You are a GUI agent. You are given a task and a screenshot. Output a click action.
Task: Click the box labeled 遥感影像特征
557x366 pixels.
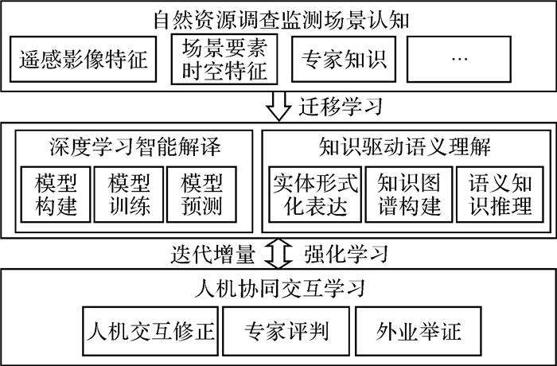click(84, 60)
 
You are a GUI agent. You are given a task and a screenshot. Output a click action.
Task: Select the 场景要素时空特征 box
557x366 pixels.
click(225, 59)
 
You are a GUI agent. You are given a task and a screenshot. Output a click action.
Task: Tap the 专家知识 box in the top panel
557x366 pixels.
click(342, 60)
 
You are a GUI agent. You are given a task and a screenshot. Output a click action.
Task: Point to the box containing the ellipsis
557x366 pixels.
click(463, 60)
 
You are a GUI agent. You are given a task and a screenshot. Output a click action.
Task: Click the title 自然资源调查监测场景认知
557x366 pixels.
click(278, 17)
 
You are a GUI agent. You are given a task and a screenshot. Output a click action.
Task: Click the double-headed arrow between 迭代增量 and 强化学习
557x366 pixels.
click(278, 254)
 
